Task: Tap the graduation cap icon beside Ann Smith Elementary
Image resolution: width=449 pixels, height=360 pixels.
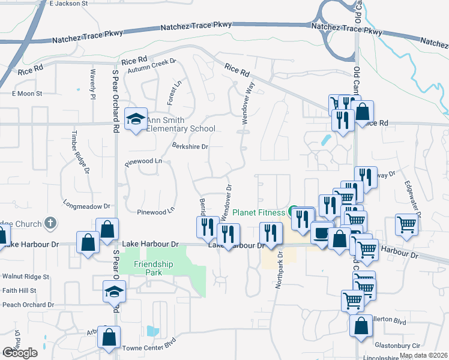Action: (136, 118)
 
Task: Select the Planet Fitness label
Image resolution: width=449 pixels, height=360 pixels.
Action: (259, 212)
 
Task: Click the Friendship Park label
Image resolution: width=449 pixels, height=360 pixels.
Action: (153, 268)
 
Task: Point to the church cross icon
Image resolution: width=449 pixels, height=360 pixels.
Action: (50, 223)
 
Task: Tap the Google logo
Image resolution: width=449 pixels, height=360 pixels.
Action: (20, 353)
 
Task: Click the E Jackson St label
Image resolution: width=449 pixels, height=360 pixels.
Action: (68, 4)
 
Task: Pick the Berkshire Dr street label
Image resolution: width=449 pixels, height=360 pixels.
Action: (190, 146)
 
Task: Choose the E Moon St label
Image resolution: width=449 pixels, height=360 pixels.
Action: (27, 94)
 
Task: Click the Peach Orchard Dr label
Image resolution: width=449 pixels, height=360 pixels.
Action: (27, 305)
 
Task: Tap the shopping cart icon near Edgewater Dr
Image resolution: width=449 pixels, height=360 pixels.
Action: (407, 224)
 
